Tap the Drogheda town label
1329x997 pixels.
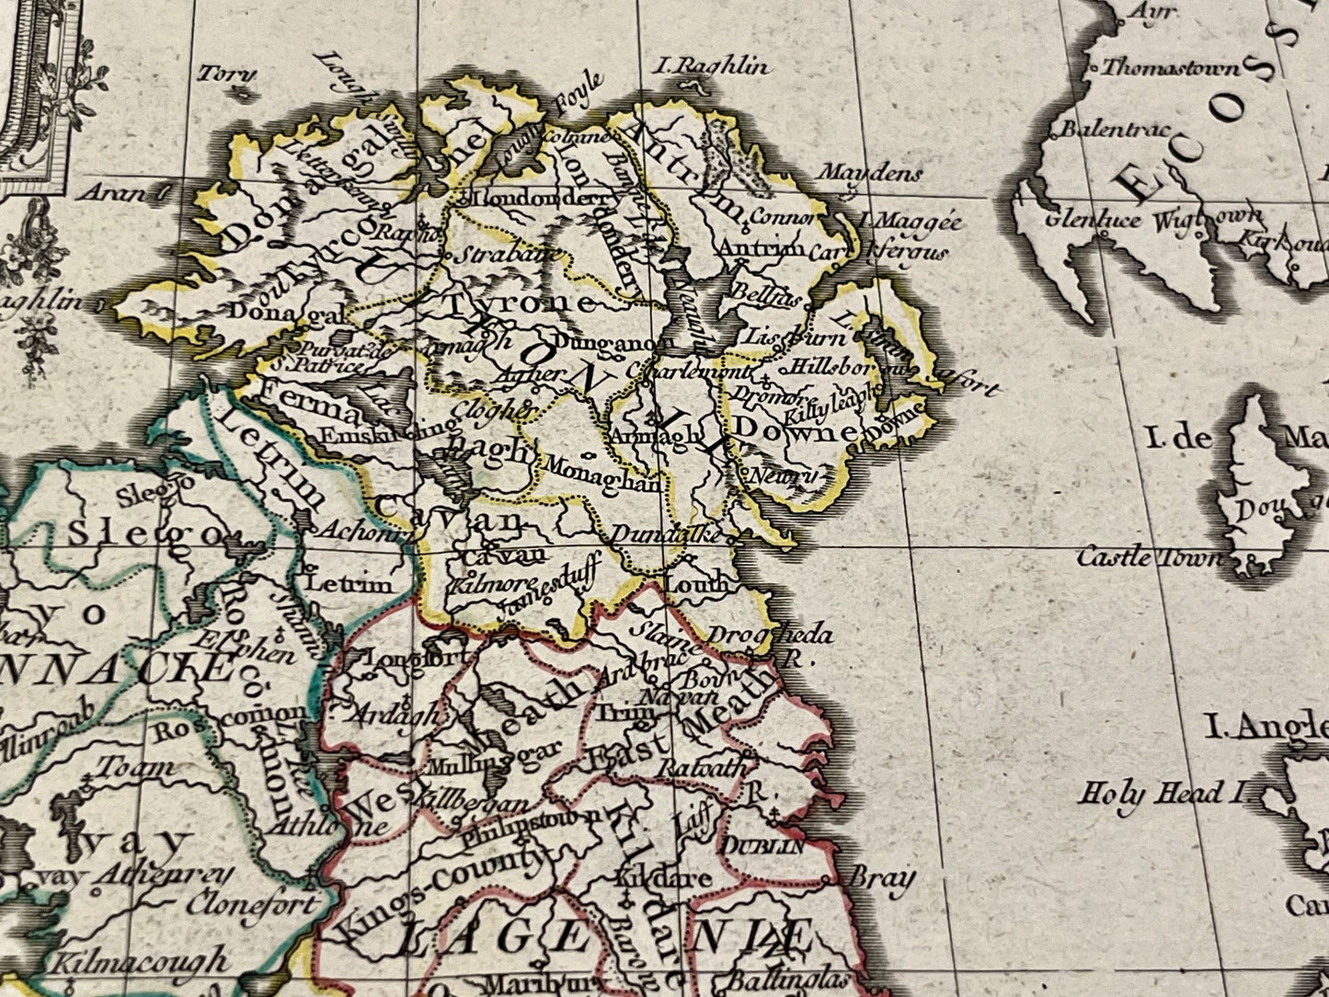[771, 634]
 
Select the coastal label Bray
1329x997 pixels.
[882, 878]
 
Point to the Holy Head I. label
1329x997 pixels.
[1164, 793]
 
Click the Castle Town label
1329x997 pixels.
[1150, 556]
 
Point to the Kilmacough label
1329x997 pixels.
[138, 963]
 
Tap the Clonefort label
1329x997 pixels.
[252, 904]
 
